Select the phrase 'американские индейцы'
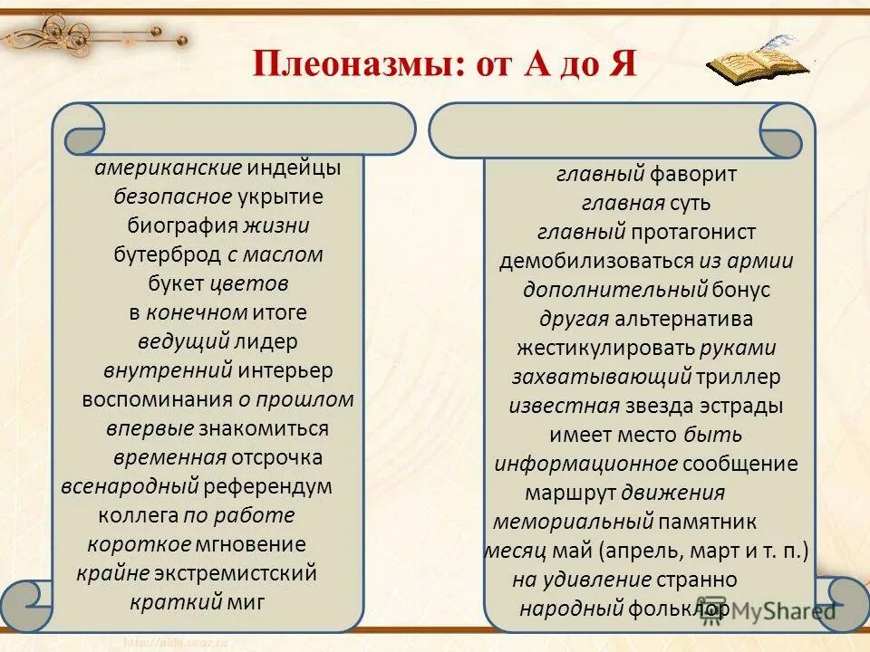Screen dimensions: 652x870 217,168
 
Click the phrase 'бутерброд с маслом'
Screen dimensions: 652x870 217,254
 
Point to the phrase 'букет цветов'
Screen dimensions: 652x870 217,283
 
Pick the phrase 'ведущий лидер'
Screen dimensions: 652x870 217,341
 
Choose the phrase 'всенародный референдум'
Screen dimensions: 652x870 197,486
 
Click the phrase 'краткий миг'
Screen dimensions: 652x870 197,602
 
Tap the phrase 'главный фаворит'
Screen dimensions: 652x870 646,174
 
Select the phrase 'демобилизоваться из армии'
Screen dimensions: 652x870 646,261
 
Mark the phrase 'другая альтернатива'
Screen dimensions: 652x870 646,319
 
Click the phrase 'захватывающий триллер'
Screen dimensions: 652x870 646,377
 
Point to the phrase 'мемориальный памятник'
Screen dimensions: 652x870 625,522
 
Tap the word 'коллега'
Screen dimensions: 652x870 138,515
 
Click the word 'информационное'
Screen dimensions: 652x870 585,464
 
